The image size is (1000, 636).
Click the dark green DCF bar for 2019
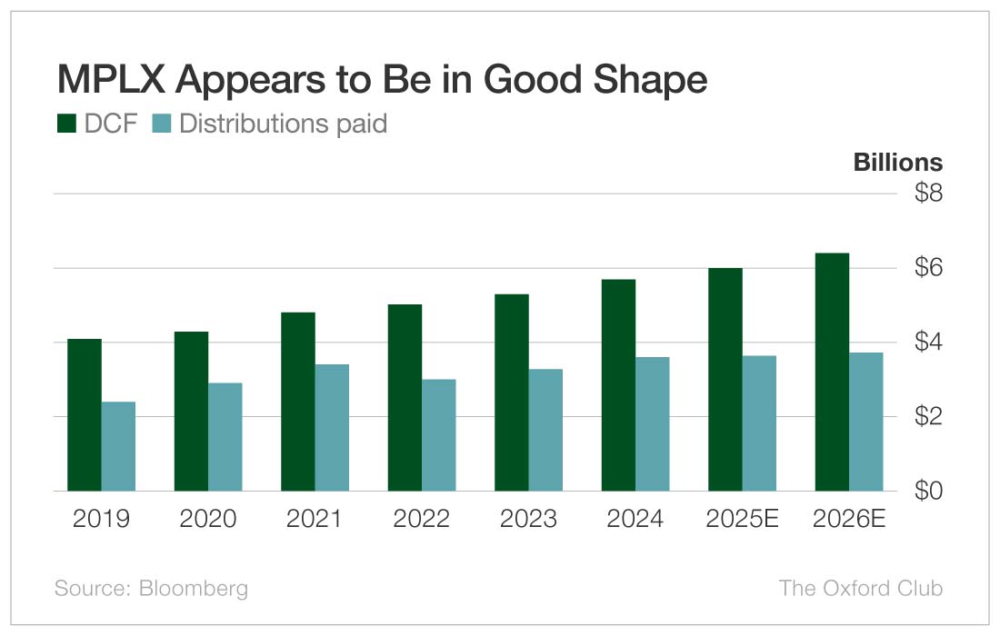pyautogui.click(x=85, y=414)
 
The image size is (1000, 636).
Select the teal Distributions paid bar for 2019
pyautogui.click(x=118, y=445)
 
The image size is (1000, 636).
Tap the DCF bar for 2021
pyautogui.click(x=298, y=401)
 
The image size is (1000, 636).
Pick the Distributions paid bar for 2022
pyautogui.click(x=438, y=434)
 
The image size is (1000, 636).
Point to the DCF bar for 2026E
pyautogui.click(x=832, y=372)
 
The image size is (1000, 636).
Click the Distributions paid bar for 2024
pyautogui.click(x=652, y=423)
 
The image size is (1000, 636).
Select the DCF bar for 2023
pyautogui.click(x=512, y=392)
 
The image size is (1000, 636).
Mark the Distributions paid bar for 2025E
pyautogui.click(x=759, y=422)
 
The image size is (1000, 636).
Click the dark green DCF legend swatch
pyautogui.click(x=66, y=123)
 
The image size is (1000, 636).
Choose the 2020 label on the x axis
pyautogui.click(x=208, y=519)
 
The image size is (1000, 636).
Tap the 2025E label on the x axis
pyautogui.click(x=742, y=519)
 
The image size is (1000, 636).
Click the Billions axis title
pyautogui.click(x=898, y=163)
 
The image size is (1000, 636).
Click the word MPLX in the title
pyautogui.click(x=112, y=80)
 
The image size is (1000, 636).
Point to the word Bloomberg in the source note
pyautogui.click(x=193, y=588)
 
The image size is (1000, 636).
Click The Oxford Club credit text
pyautogui.click(x=861, y=588)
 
